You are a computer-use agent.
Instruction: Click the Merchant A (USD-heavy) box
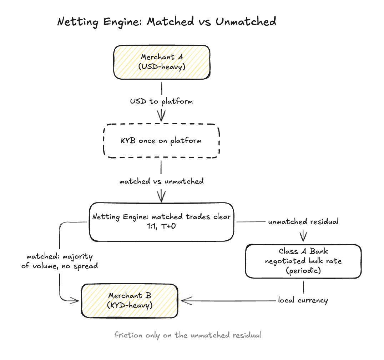(x=162, y=62)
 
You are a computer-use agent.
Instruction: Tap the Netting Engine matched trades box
(x=161, y=222)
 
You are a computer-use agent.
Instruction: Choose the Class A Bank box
(x=303, y=261)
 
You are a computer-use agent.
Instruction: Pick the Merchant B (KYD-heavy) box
(x=130, y=301)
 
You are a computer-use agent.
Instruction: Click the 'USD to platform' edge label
(x=161, y=101)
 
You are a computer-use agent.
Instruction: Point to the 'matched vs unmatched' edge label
(x=161, y=181)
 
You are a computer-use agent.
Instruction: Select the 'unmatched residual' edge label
(x=303, y=221)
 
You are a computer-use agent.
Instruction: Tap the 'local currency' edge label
(x=303, y=300)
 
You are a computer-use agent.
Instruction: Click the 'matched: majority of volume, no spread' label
(x=60, y=261)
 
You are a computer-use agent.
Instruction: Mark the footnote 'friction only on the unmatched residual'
(x=188, y=335)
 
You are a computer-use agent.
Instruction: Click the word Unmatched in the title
(x=246, y=21)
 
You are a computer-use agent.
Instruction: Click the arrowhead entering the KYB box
(x=161, y=116)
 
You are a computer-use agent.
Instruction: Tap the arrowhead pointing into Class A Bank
(x=303, y=236)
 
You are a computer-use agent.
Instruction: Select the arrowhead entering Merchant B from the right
(x=187, y=301)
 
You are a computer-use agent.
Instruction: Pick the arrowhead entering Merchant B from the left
(x=74, y=301)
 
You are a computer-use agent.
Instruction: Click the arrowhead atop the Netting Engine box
(x=161, y=197)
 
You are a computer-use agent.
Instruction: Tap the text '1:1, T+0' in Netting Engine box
(x=161, y=226)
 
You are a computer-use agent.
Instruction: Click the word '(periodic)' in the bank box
(x=303, y=271)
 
